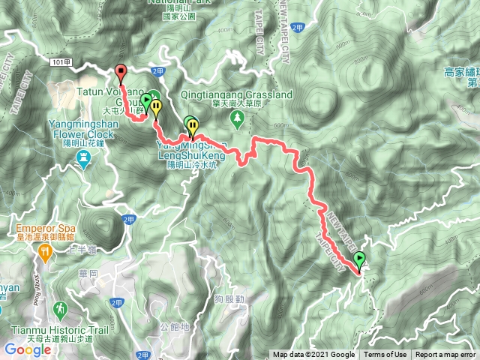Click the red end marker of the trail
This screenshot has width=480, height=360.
(x=121, y=72)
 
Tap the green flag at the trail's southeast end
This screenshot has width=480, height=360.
(x=359, y=261)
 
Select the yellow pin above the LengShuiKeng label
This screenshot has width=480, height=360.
(x=193, y=125)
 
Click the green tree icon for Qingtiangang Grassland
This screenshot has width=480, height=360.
(x=238, y=118)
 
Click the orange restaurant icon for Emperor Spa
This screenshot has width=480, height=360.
(x=44, y=255)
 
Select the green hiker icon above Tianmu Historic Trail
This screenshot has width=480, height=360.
(x=59, y=308)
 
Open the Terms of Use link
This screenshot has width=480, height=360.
(x=385, y=355)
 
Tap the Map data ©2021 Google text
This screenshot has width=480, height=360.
(x=313, y=355)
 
